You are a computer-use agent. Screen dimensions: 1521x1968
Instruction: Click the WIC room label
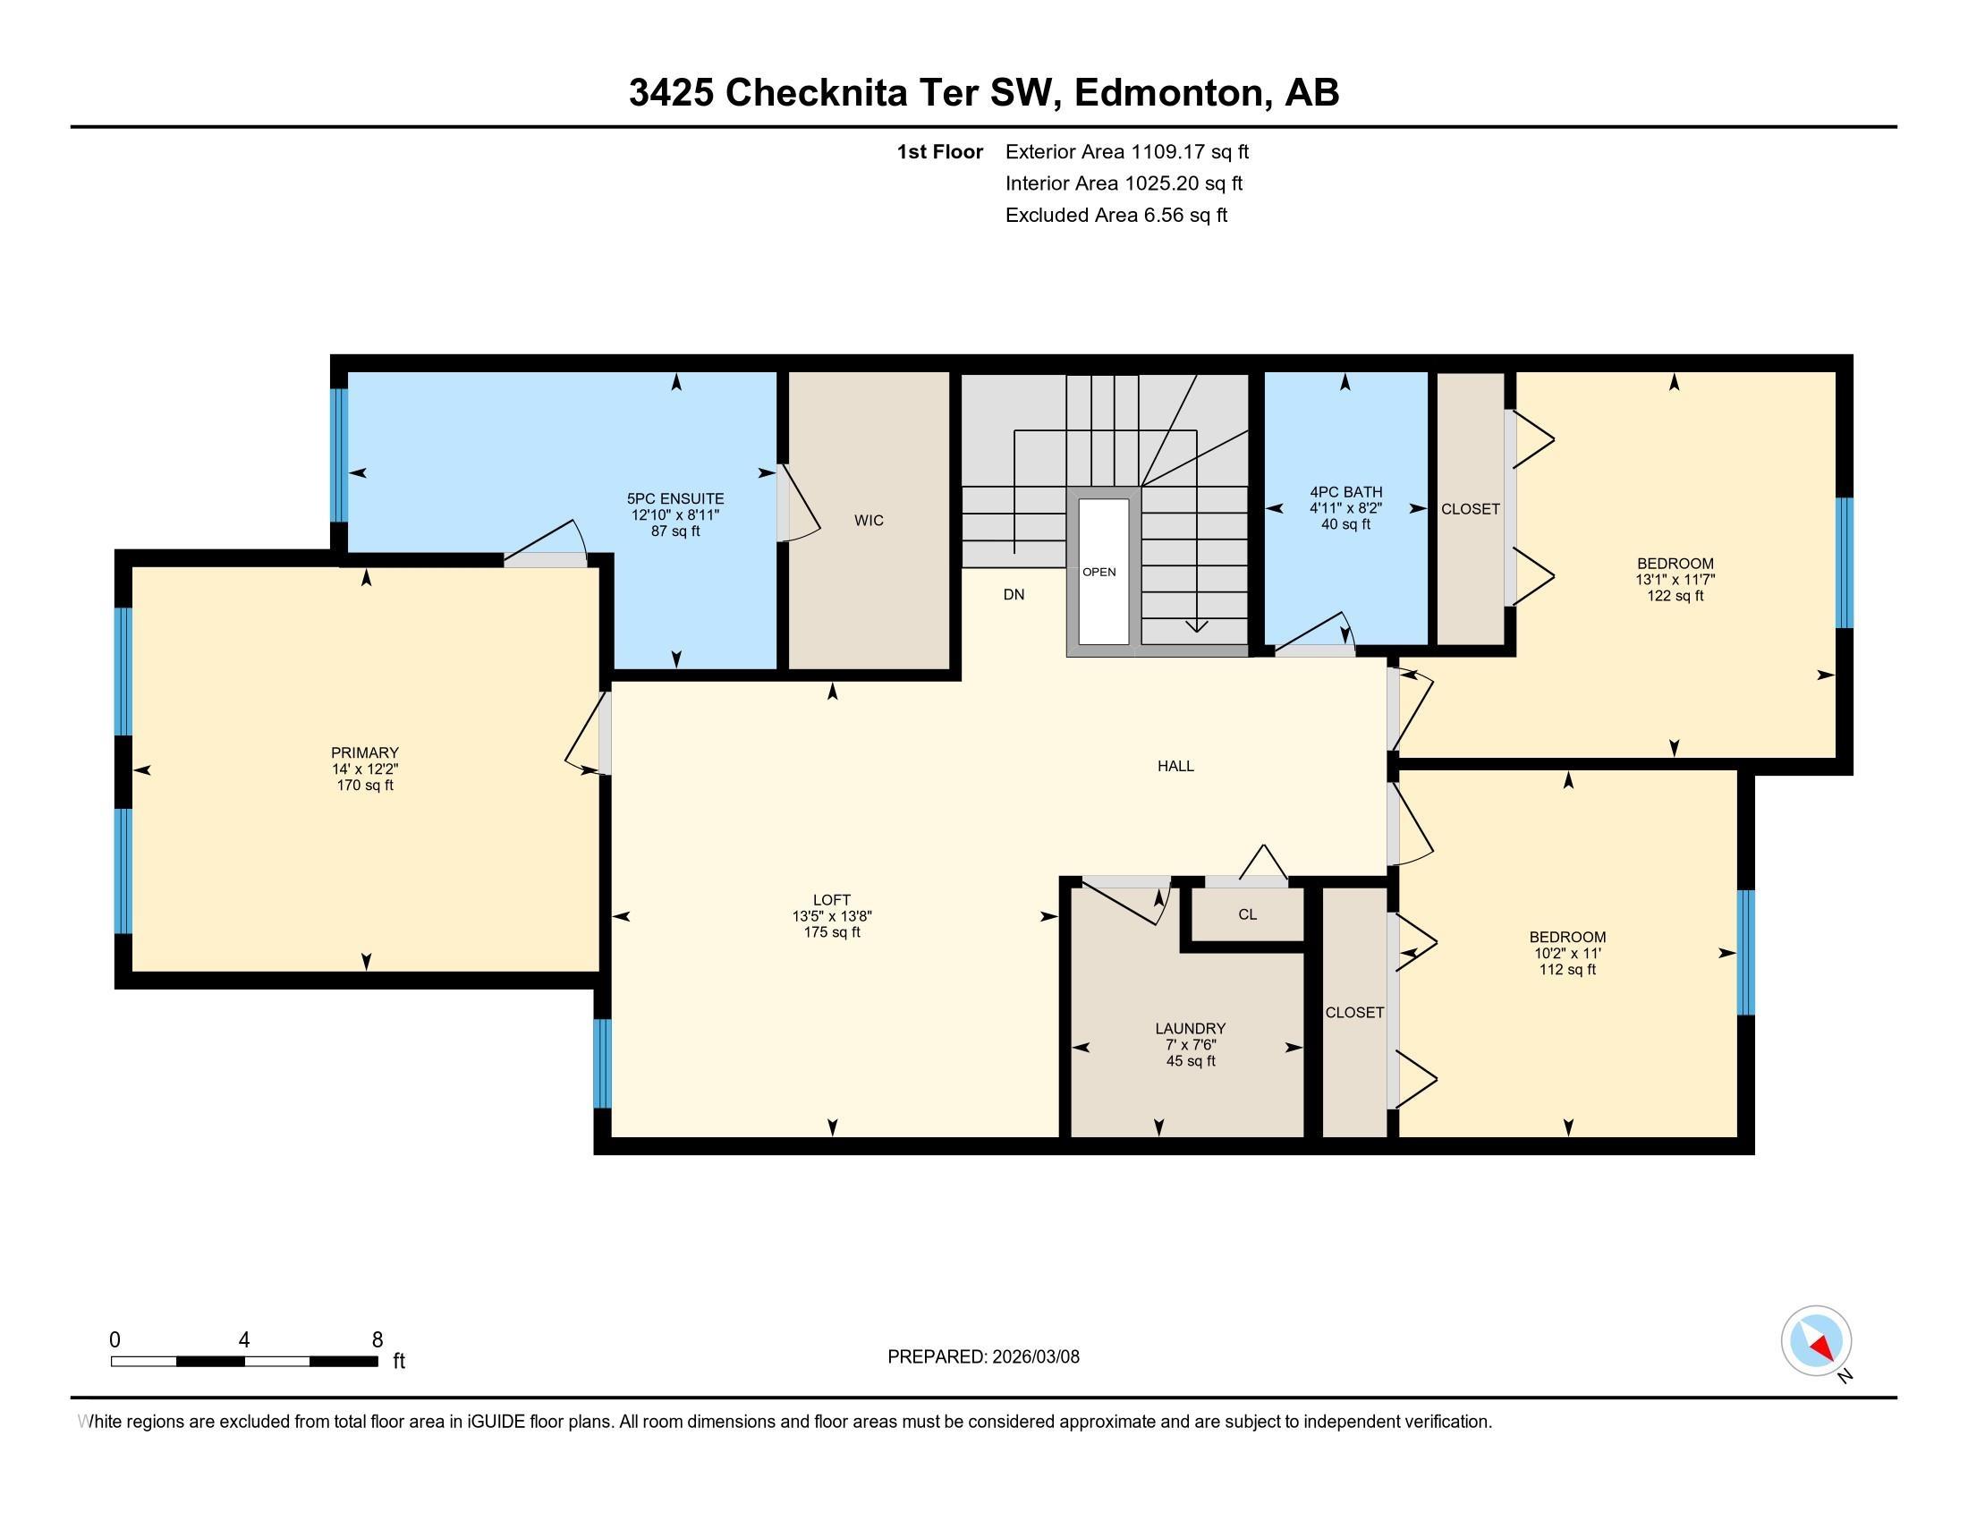click(x=869, y=520)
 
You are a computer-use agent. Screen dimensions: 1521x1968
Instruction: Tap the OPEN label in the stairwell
click(x=1099, y=573)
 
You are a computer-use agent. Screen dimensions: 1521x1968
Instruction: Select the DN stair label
click(x=1014, y=595)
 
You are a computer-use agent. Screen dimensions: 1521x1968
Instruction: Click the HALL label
click(x=1175, y=766)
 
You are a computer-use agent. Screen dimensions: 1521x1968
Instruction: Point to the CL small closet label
click(x=1247, y=914)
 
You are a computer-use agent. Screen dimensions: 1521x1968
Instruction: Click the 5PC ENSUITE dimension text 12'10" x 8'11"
click(x=674, y=515)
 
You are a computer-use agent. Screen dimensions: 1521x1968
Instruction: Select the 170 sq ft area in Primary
click(x=364, y=785)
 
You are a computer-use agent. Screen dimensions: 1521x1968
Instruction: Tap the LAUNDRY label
click(x=1191, y=1028)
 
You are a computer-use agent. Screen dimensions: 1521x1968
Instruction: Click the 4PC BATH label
click(x=1345, y=492)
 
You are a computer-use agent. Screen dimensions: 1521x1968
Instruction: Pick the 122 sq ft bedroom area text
click(x=1675, y=596)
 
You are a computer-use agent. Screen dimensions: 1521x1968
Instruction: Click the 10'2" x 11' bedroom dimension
click(x=1567, y=954)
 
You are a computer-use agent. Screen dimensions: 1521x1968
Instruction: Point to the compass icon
click(x=1816, y=1340)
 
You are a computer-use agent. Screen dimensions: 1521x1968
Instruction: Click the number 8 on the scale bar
click(x=377, y=1340)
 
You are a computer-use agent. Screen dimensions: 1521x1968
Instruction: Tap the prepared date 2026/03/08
click(x=1034, y=1357)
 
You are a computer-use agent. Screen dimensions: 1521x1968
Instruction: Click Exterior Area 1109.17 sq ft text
click(x=1126, y=151)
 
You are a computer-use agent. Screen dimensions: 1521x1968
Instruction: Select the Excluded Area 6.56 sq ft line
click(x=1115, y=215)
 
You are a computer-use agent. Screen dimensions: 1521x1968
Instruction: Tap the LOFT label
click(x=831, y=899)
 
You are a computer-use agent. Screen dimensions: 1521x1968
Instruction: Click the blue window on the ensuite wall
click(x=339, y=455)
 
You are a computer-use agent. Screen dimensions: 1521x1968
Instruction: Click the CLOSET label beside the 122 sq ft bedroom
click(x=1470, y=509)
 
